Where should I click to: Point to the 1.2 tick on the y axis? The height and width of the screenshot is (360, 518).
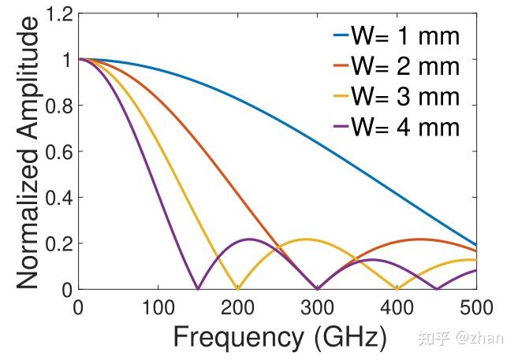[57, 14]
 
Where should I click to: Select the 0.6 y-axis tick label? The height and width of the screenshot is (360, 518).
[57, 151]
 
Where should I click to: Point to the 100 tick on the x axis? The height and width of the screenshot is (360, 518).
[158, 306]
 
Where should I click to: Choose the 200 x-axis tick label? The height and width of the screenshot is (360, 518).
[237, 306]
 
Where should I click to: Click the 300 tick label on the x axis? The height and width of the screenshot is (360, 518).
[317, 306]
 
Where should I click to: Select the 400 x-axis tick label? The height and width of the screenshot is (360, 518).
[397, 306]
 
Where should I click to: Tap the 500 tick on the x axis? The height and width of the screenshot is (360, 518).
[476, 306]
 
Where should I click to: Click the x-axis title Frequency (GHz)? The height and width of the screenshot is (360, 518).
[280, 337]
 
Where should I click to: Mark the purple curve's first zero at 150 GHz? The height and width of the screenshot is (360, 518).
[197, 288]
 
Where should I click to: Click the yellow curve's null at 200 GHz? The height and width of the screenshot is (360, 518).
[237, 288]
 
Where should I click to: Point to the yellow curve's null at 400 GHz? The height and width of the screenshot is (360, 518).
[397, 288]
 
